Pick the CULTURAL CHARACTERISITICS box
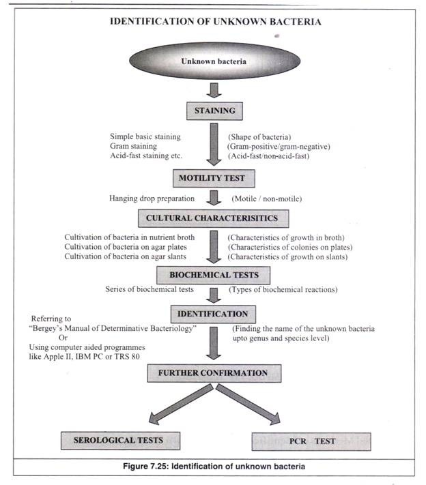(212, 219)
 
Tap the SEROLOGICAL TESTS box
(119, 441)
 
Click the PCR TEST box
(311, 441)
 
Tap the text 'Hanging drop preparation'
(150, 199)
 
